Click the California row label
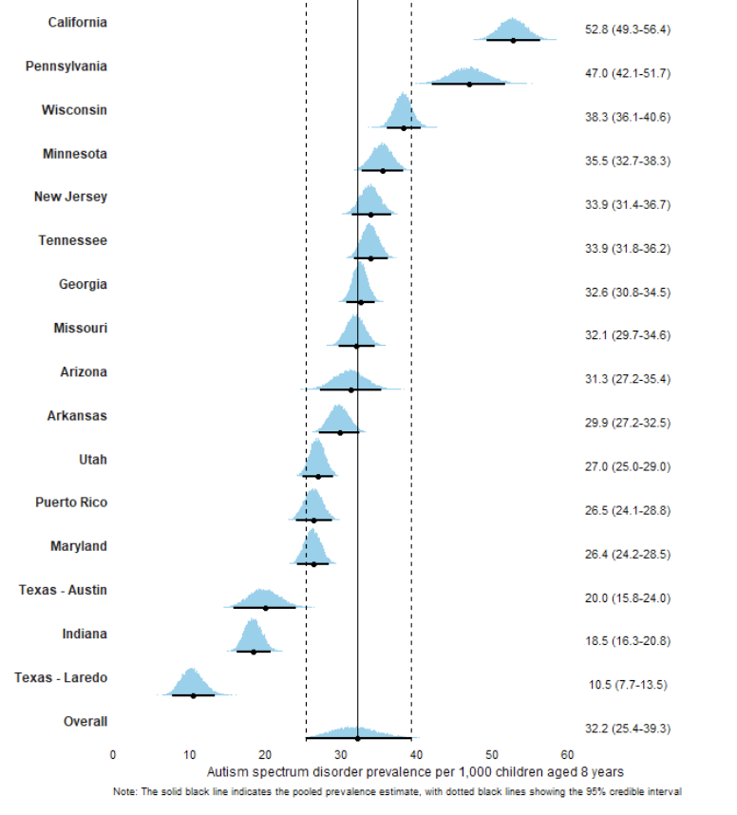click(x=77, y=22)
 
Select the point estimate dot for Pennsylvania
click(x=469, y=84)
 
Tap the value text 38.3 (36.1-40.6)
click(x=628, y=117)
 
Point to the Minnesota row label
click(x=74, y=153)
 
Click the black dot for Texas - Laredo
click(x=193, y=695)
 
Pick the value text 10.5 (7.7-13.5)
click(x=628, y=684)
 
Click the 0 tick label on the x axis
click(x=113, y=755)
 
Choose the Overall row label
click(x=85, y=721)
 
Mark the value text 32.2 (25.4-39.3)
click(x=628, y=729)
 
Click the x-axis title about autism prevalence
click(x=415, y=770)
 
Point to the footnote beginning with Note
click(x=397, y=790)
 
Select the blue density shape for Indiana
click(x=252, y=635)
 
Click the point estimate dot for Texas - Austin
click(x=266, y=607)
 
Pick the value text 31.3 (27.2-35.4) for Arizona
click(x=628, y=379)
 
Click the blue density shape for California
click(x=512, y=29)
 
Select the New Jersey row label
click(x=70, y=197)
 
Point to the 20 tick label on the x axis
click(x=265, y=755)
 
